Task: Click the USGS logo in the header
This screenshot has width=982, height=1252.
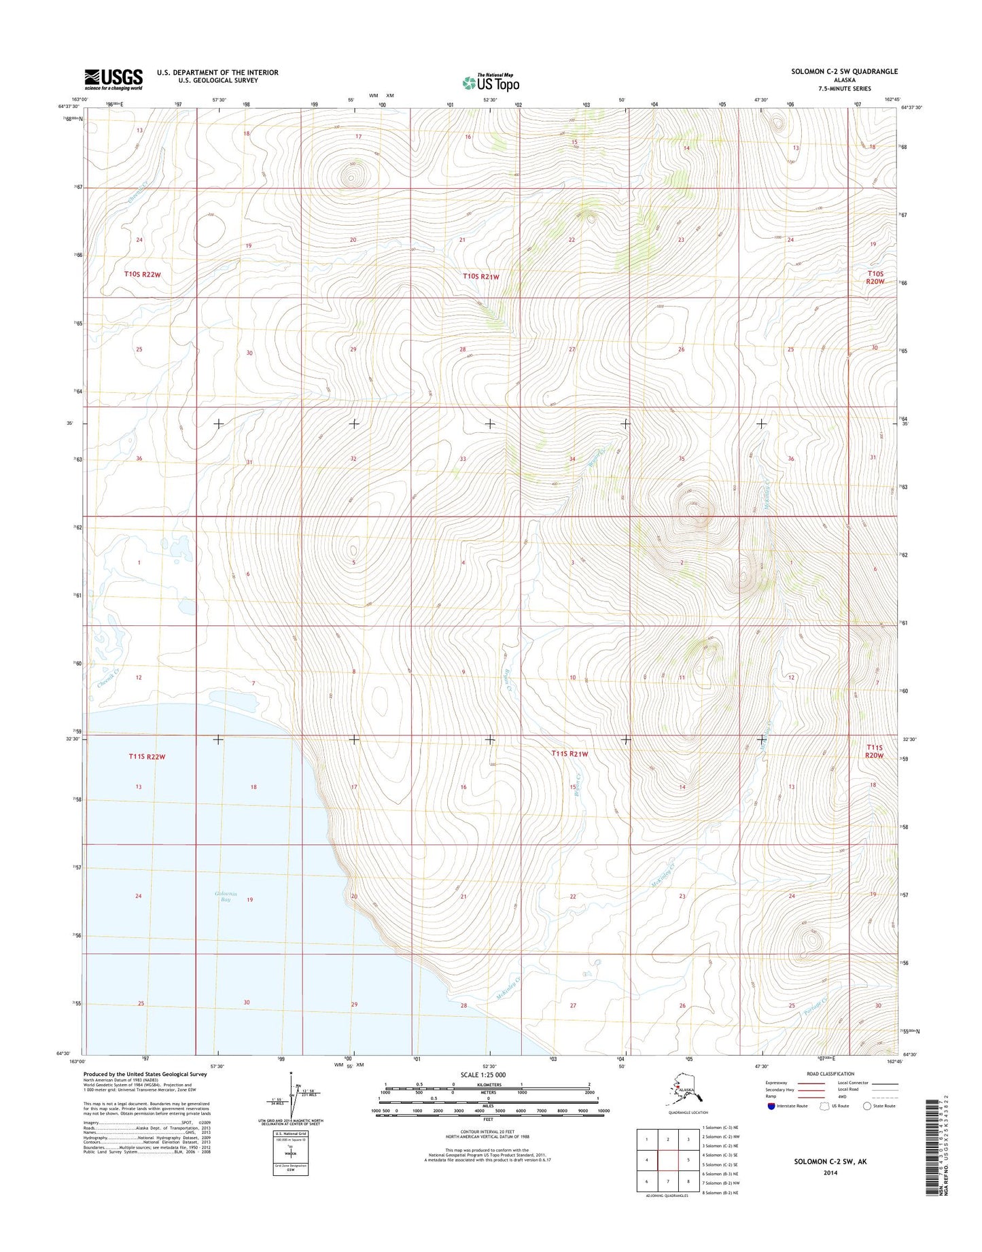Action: (113, 79)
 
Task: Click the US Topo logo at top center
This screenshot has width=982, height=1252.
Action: (491, 82)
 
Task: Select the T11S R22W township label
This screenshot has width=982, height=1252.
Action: (147, 757)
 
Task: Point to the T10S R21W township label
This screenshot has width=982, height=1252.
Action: (481, 276)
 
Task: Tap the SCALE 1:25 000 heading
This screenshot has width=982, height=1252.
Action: (483, 1075)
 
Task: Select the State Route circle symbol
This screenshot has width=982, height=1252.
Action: (866, 1106)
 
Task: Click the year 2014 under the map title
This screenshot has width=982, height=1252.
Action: (831, 1172)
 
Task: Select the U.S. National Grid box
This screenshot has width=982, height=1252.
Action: (290, 1153)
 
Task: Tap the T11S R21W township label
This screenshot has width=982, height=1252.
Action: (569, 754)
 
